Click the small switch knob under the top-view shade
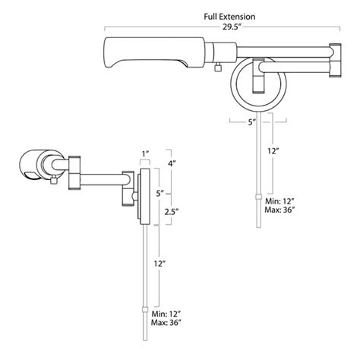(x=218, y=67)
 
